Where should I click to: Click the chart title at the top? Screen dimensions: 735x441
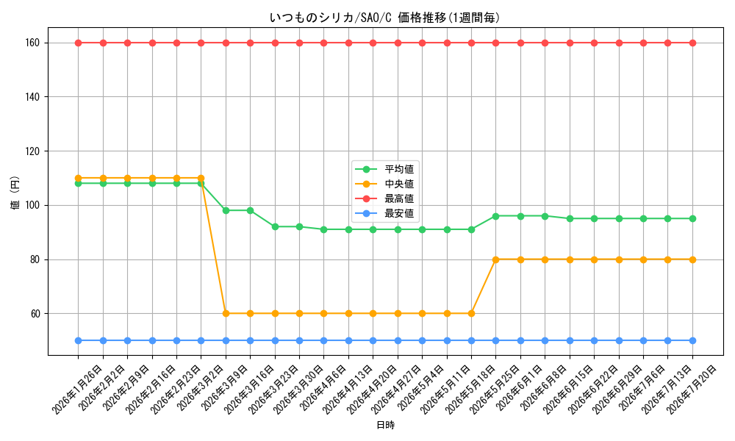click(384, 18)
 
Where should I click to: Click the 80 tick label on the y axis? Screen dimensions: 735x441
click(35, 259)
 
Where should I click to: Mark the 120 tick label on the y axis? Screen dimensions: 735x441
click(33, 151)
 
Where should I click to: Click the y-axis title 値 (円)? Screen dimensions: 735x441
click(15, 193)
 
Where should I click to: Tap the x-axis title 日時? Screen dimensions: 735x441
click(385, 425)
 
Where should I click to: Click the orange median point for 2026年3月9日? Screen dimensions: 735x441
click(226, 314)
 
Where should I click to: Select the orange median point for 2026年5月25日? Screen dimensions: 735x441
click(496, 259)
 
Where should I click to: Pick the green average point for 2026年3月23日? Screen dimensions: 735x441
click(275, 227)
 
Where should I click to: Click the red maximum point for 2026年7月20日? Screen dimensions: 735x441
click(692, 43)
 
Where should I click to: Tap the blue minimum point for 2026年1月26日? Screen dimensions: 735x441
click(79, 341)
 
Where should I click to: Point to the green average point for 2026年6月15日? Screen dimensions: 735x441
click(570, 219)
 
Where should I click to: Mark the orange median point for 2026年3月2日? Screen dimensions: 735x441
click(201, 178)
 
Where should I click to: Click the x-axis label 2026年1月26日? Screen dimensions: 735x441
click(76, 390)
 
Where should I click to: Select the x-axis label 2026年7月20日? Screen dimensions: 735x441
click(692, 390)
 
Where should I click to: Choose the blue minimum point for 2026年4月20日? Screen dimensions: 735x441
click(373, 341)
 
